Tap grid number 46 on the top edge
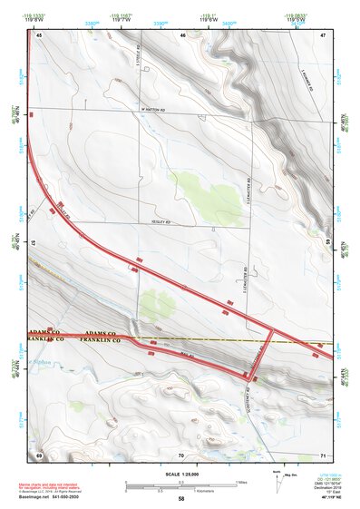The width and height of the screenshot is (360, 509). [182, 34]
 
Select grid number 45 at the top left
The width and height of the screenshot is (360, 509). [39, 34]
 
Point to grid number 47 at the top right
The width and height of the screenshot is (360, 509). [323, 34]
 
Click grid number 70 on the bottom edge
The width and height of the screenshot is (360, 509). [181, 455]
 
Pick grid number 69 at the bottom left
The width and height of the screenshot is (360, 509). [39, 455]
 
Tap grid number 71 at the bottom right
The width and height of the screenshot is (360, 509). [323, 455]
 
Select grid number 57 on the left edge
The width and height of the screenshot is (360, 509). [34, 244]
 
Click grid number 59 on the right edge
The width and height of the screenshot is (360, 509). [328, 244]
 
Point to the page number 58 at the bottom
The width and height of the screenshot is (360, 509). [181, 499]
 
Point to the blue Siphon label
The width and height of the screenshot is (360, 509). [40, 360]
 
